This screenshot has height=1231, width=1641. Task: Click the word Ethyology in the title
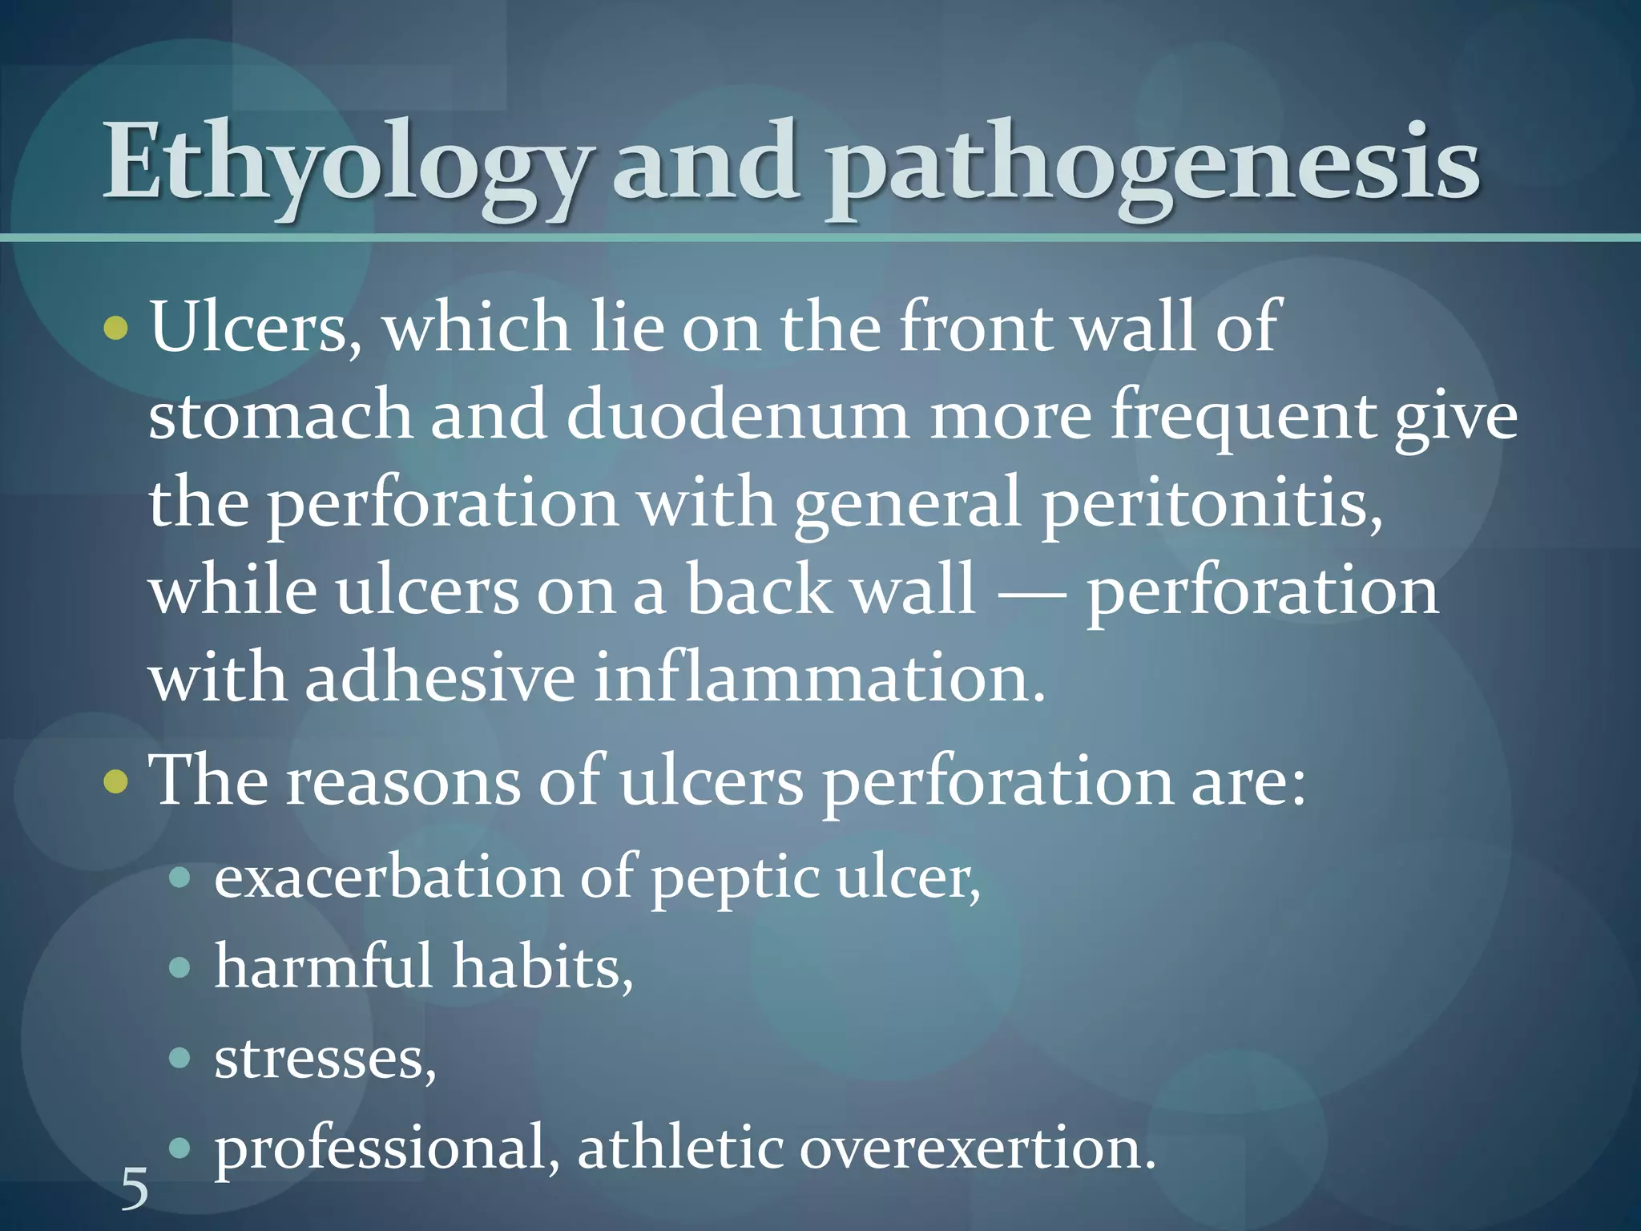[x=345, y=164]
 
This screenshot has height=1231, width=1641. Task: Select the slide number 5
[x=135, y=1189]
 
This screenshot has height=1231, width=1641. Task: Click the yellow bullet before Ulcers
[x=116, y=328]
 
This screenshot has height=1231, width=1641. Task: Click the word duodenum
[x=737, y=415]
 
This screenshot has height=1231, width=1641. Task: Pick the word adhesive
[x=440, y=679]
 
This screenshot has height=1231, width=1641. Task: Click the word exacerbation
[x=389, y=878]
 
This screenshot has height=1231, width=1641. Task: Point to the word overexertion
[x=978, y=1148]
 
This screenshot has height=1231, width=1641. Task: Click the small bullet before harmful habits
[x=180, y=968]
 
